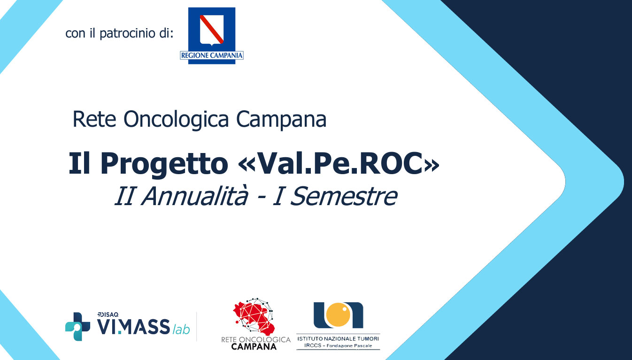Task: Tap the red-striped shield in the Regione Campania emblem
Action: pos(212,30)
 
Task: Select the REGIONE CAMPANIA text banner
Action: pos(212,55)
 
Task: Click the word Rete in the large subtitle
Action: pos(94,119)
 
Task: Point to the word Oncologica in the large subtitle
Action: pos(176,120)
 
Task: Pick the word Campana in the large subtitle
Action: pos(281,119)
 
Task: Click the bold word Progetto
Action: pos(164,164)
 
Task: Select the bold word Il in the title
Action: pos(79,163)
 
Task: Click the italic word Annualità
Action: pos(194,196)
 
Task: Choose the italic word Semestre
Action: pos(344,196)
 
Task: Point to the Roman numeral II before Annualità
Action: pos(124,196)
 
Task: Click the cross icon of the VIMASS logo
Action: pos(77,326)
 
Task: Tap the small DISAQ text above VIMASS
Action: pos(108,314)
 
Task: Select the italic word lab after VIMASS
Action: pos(181,329)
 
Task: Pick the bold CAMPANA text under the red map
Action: pos(254,346)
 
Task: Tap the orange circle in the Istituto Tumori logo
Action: pos(338,314)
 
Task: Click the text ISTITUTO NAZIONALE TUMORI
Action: pos(338,338)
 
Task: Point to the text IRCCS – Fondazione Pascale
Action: pos(338,345)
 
